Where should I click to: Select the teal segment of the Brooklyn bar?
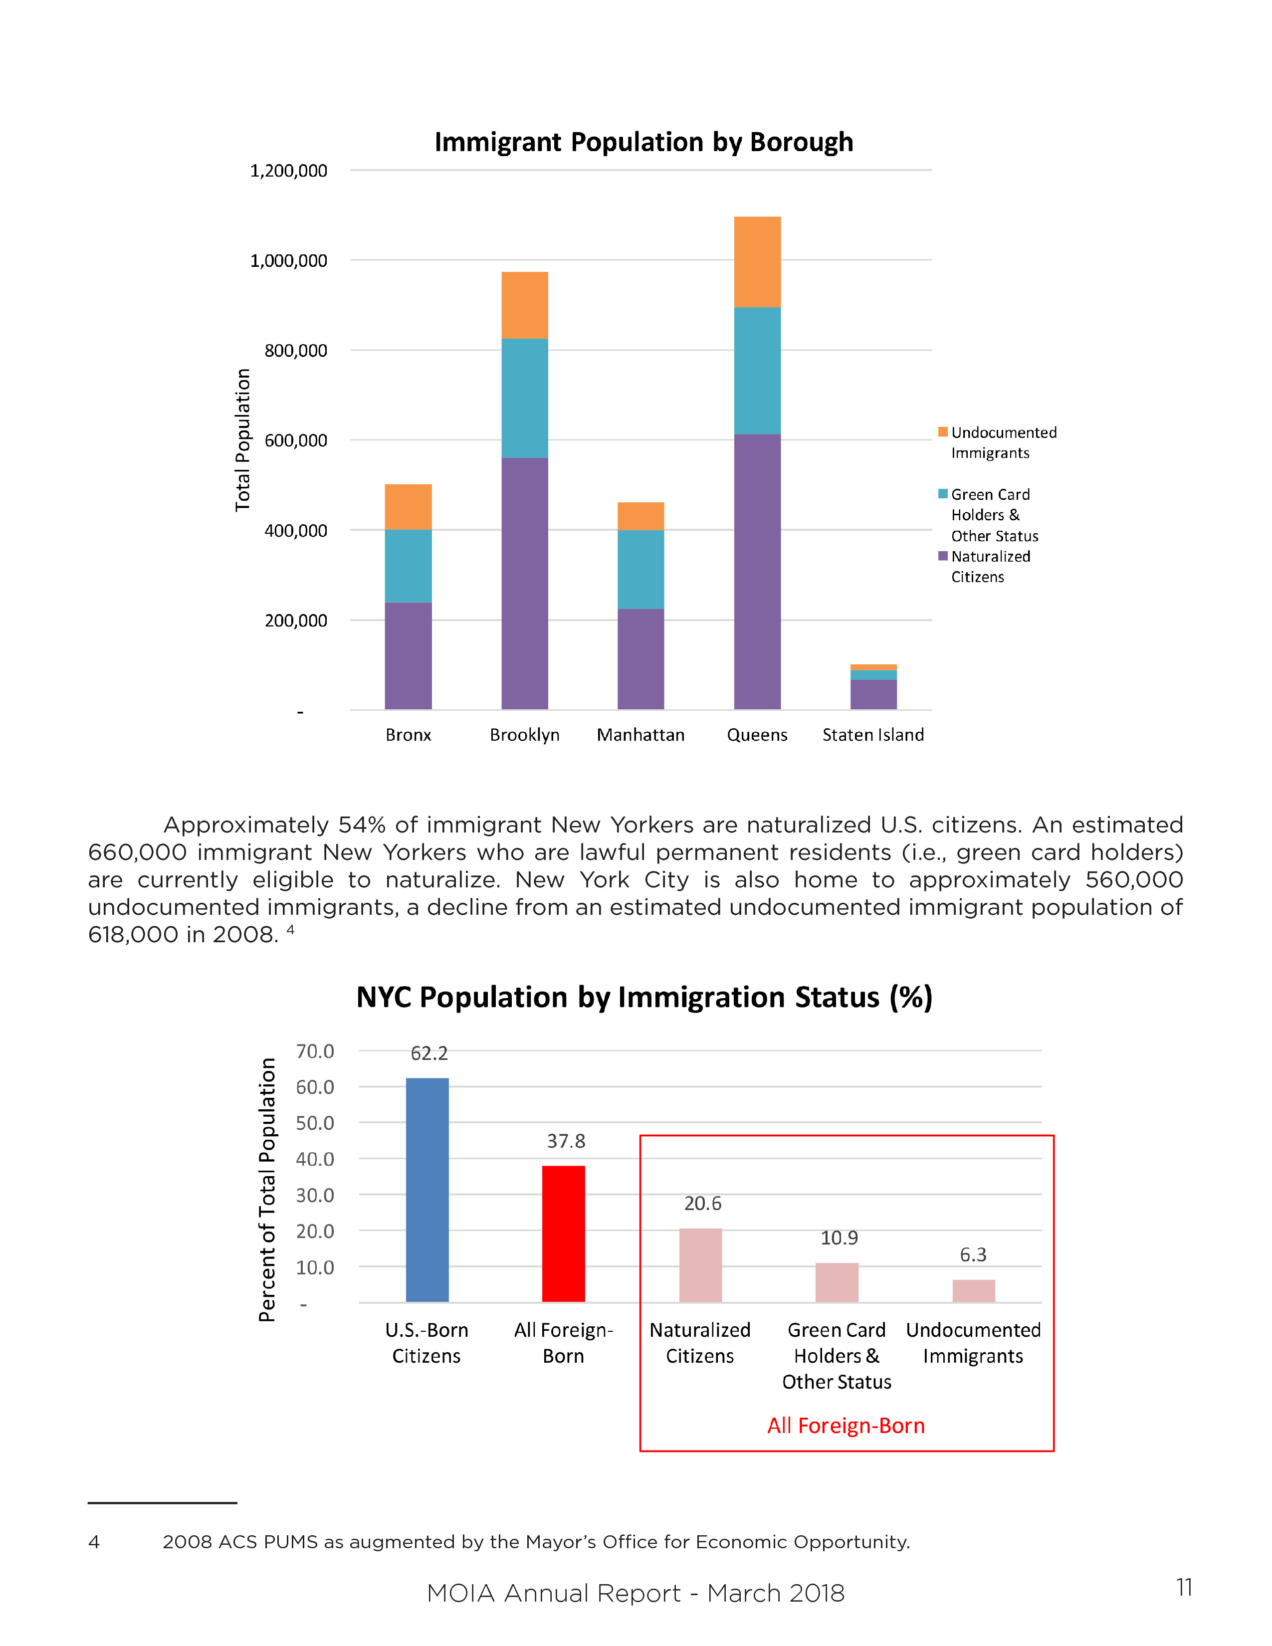pos(524,398)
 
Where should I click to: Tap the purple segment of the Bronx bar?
pos(408,656)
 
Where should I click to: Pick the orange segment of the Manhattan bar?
pos(640,516)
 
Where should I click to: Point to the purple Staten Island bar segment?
pos(873,694)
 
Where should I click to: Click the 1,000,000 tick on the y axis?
pos(289,261)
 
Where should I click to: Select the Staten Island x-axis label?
pos(872,735)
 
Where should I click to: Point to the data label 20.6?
pos(702,1204)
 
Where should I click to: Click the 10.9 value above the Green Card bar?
pos(839,1238)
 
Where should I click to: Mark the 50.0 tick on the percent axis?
pos(315,1123)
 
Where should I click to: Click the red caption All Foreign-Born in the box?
pos(846,1426)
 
